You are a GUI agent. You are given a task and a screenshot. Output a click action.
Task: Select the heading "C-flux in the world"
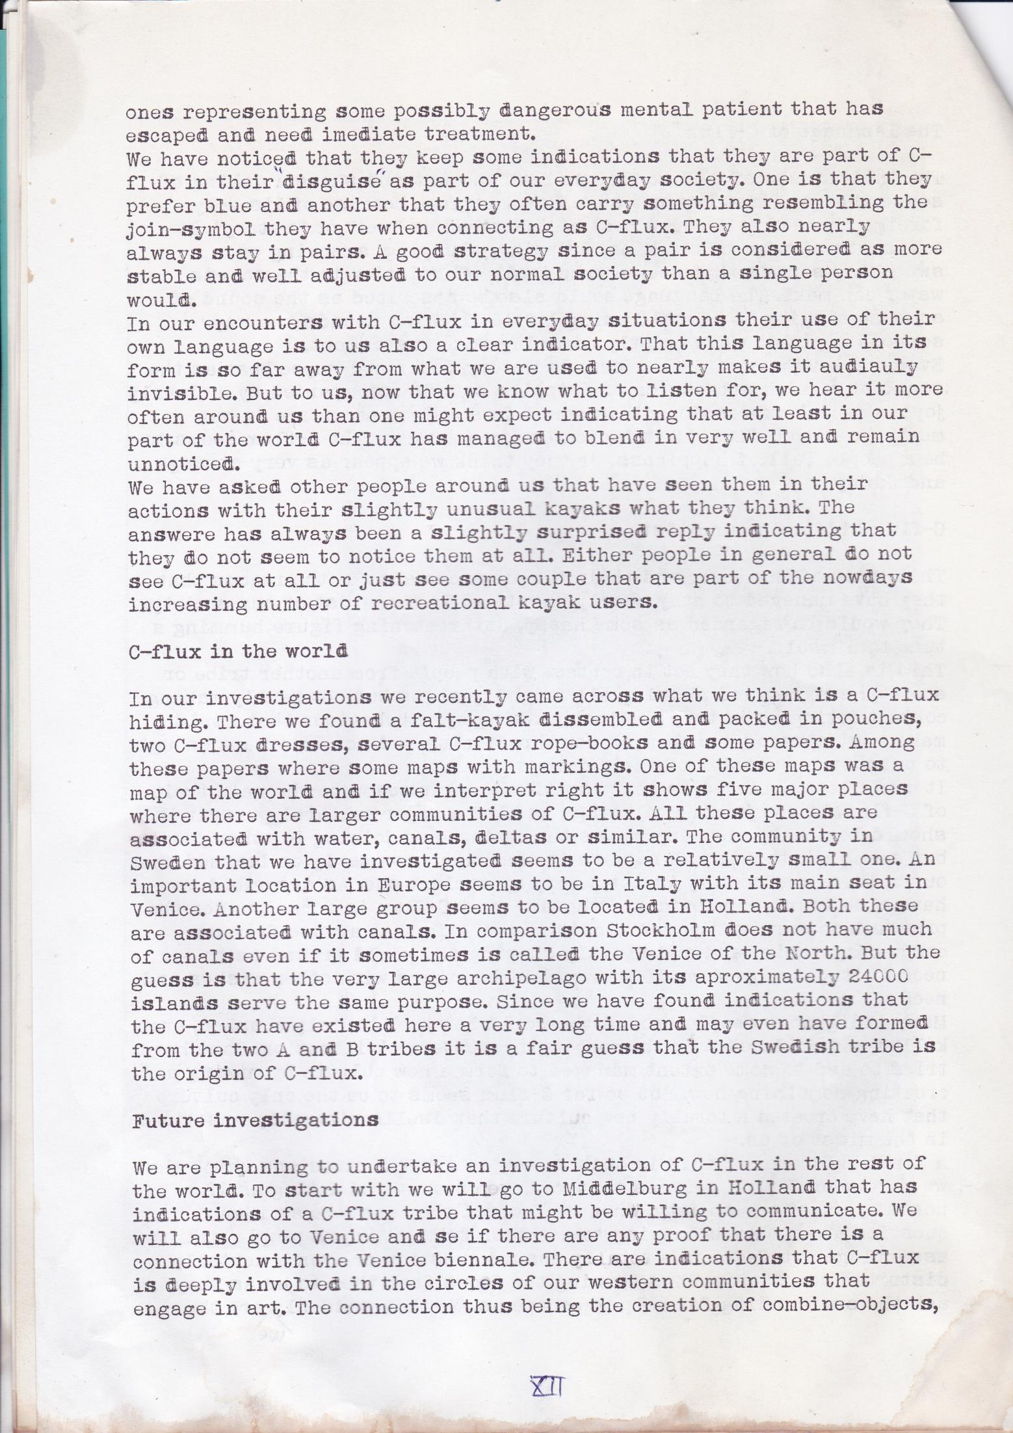[238, 651]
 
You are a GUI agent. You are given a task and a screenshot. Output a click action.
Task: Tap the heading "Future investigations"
[256, 1120]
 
